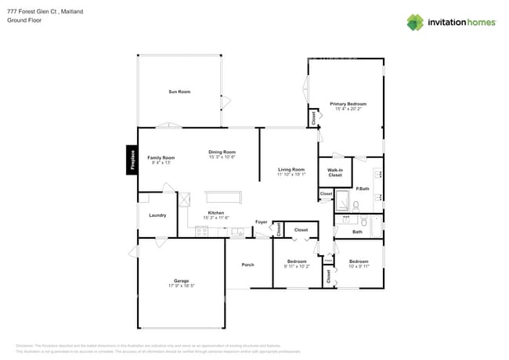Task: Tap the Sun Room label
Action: click(179, 92)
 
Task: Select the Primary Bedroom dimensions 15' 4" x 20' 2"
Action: click(348, 110)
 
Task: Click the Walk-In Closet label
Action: click(334, 172)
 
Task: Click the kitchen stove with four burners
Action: click(202, 231)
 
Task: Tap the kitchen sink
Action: click(236, 232)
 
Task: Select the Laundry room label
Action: click(157, 215)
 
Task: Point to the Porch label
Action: click(247, 265)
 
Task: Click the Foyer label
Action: click(262, 222)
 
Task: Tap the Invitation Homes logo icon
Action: click(415, 22)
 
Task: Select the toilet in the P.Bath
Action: click(356, 207)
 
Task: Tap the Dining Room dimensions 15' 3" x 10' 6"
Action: click(222, 157)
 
